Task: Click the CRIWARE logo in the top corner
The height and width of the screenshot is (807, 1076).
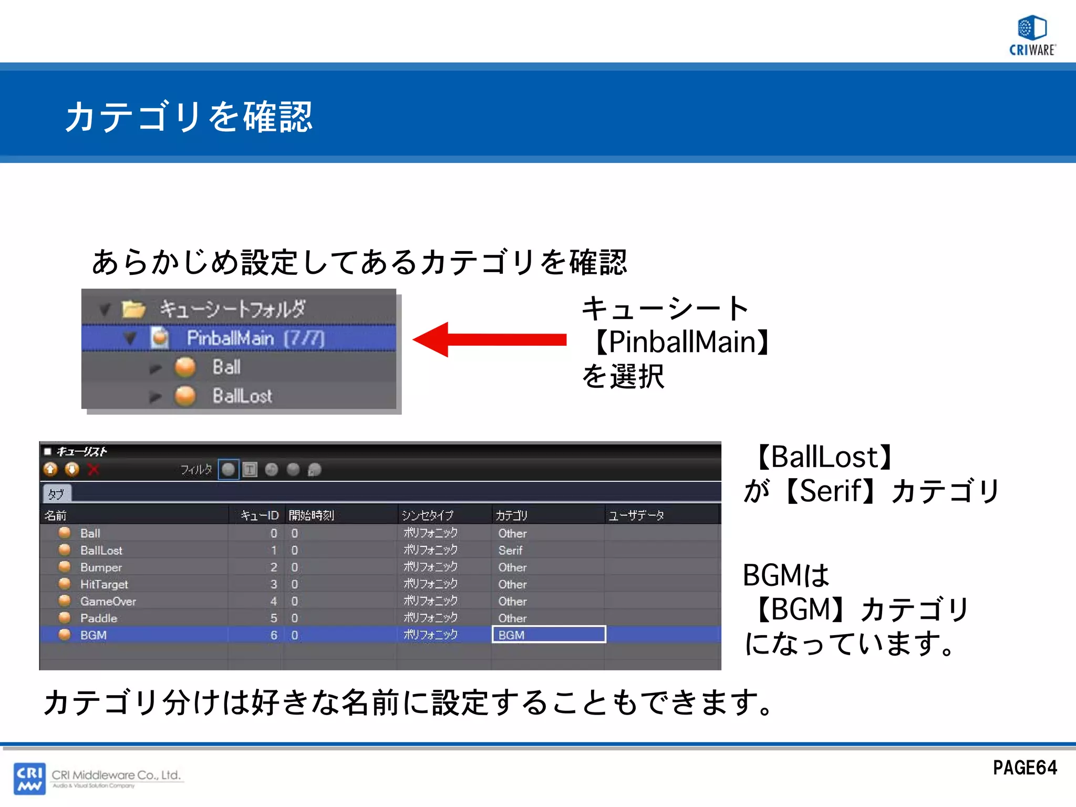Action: (1032, 35)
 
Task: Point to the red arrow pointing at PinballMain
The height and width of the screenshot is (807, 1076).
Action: (489, 339)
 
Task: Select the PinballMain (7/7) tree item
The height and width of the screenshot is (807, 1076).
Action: (255, 338)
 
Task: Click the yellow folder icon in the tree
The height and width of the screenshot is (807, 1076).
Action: (133, 309)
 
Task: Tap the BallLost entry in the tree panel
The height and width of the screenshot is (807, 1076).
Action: (242, 396)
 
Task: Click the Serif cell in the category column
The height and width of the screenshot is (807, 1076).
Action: (510, 550)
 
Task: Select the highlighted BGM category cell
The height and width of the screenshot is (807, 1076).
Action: (549, 635)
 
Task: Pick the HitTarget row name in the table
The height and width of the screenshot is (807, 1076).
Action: (104, 584)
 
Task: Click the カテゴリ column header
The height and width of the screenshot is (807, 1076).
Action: (511, 515)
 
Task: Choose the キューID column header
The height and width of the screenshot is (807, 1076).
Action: (259, 515)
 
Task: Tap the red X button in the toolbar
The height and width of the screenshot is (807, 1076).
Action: (94, 470)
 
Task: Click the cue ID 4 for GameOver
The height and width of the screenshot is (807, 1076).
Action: (274, 601)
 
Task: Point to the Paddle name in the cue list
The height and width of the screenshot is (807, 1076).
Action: (99, 618)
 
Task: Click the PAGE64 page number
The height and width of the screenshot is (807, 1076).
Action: (1025, 768)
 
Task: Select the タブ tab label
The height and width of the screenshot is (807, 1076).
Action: (56, 494)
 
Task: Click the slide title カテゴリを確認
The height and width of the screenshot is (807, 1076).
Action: (189, 116)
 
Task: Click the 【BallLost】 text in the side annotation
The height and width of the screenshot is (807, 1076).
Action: (823, 457)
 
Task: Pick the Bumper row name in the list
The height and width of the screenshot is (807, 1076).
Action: (101, 567)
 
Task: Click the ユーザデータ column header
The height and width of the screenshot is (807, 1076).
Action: (636, 515)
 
